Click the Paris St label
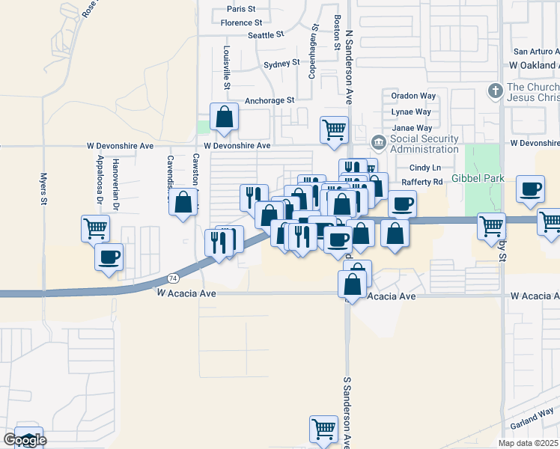click(241, 9)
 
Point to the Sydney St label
click(281, 64)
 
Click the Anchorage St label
click(270, 100)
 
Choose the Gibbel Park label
click(478, 179)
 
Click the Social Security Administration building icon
click(379, 141)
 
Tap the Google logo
click(24, 440)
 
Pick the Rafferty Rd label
click(422, 182)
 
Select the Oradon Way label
click(413, 96)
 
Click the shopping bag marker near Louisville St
click(224, 116)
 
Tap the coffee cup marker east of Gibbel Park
click(531, 189)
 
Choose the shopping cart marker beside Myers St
click(96, 227)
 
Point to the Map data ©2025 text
click(528, 443)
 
